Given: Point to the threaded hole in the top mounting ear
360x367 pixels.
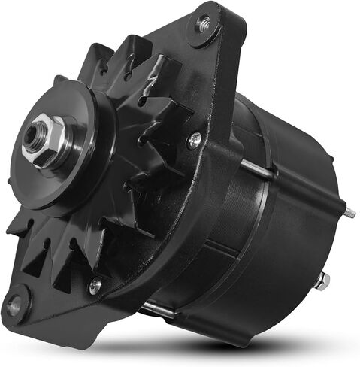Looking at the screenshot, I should [x=202, y=23].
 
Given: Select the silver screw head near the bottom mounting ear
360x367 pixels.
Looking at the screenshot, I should [x=95, y=286].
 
